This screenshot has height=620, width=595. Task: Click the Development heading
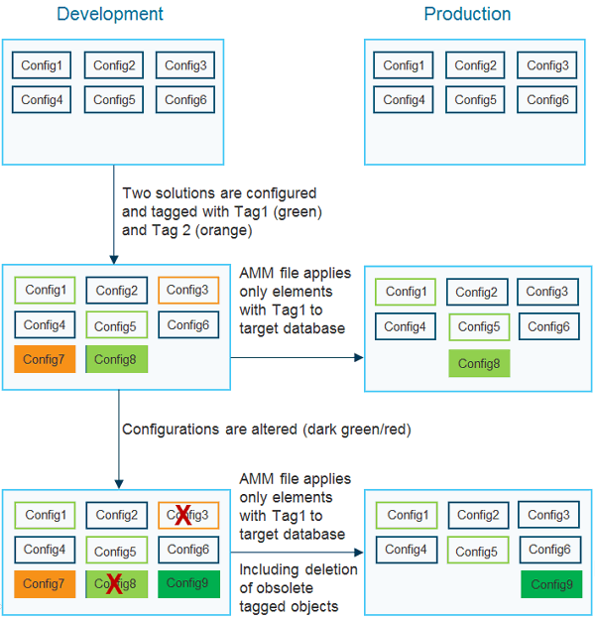point(110,14)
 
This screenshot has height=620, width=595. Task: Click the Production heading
point(467,14)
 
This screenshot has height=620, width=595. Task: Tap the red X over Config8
point(114,584)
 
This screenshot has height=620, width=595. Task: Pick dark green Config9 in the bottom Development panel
point(186,583)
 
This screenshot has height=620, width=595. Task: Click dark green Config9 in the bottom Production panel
point(551,584)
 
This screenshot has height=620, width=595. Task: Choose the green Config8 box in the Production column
point(479,363)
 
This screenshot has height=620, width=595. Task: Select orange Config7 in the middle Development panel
point(44,359)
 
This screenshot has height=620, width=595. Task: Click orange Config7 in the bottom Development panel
point(44,583)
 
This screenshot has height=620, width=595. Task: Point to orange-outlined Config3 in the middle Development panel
point(187,290)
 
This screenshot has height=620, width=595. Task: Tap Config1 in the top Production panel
point(403,65)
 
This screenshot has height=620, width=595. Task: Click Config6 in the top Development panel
point(185,99)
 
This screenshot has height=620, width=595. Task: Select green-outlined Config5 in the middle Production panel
point(479,327)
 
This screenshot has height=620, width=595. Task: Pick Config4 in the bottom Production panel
point(407,549)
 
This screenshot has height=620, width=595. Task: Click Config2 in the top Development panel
point(114,66)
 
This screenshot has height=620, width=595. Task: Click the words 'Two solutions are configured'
point(219,192)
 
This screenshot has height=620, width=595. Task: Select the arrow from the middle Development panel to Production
point(297,358)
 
